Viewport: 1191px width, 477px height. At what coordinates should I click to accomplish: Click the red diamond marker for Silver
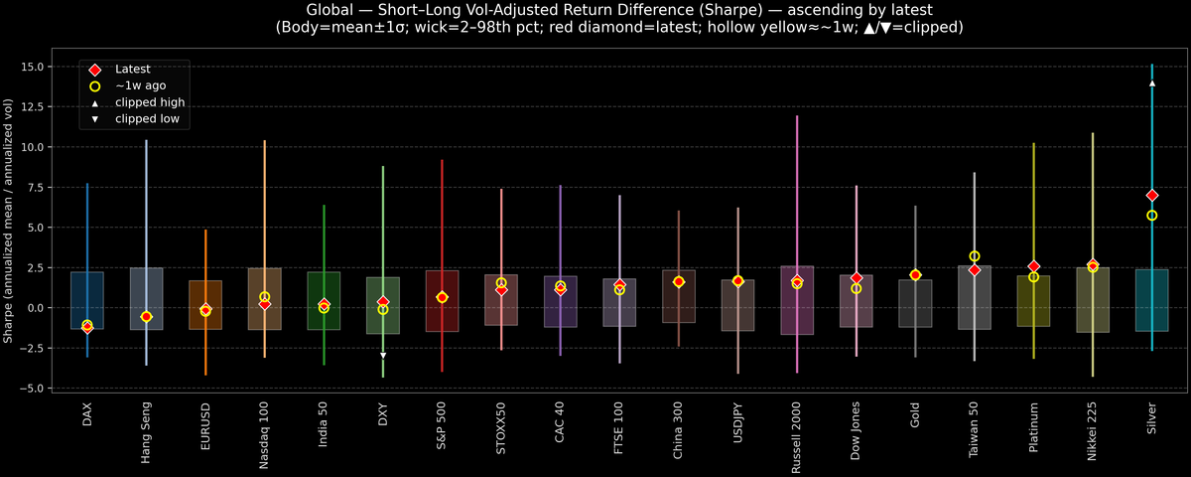tap(1151, 196)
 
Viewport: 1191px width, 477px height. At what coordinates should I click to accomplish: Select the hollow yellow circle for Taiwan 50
tap(975, 256)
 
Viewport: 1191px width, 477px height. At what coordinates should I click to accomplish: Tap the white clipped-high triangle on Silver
tap(1151, 83)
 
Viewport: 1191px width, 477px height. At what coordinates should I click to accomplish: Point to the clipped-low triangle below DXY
tap(383, 355)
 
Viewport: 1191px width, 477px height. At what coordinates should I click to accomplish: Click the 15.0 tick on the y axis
tap(39, 67)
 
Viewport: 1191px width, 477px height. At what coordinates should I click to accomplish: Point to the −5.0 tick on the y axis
tap(39, 388)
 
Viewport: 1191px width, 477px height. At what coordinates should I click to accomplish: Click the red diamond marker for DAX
tap(87, 328)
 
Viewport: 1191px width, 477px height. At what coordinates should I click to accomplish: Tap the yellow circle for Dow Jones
tap(857, 288)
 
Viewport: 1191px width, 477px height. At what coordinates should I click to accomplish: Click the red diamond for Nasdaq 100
tap(264, 304)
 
